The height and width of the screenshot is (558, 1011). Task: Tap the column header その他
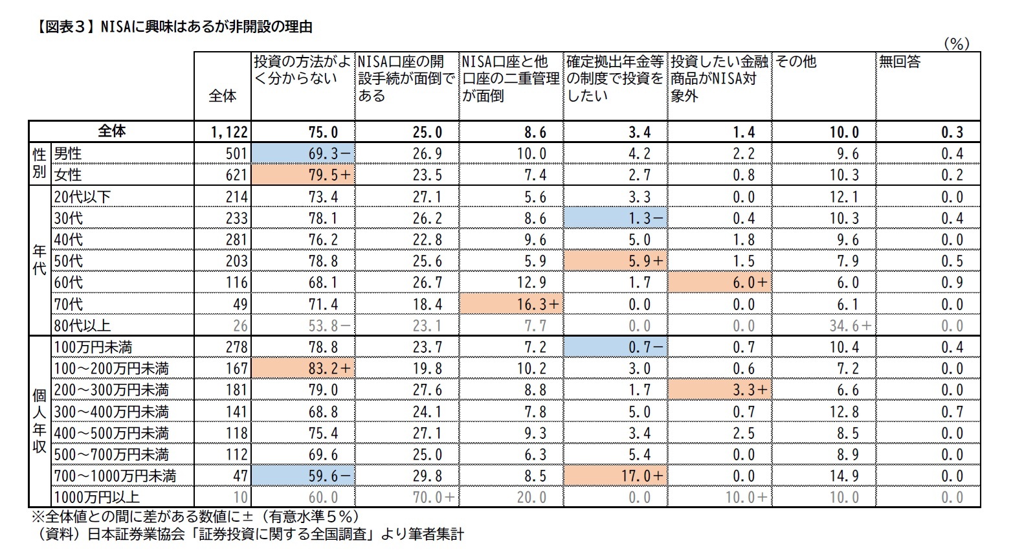click(x=796, y=61)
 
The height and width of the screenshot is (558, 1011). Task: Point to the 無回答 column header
click(x=900, y=61)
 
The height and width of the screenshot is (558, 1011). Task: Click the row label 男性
click(x=68, y=153)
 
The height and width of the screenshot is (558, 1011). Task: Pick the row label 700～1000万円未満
click(x=115, y=476)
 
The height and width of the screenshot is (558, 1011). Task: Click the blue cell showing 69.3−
click(x=303, y=153)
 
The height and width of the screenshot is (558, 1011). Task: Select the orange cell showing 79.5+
click(x=303, y=175)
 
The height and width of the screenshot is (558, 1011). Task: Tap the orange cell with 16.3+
click(x=511, y=304)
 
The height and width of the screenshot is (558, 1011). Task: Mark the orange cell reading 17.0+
click(x=616, y=476)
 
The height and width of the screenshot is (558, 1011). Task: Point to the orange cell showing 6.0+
click(x=720, y=283)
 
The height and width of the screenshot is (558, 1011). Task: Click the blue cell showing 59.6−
click(x=303, y=476)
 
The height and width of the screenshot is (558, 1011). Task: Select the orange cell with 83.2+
click(x=303, y=368)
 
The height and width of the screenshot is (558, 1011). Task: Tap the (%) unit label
click(x=956, y=43)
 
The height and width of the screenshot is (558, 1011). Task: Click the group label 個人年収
click(x=39, y=422)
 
